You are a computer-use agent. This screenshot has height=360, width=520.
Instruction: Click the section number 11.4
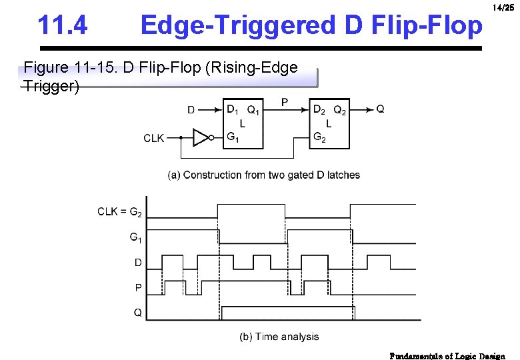[x=63, y=26]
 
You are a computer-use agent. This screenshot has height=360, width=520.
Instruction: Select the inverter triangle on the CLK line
[x=201, y=138]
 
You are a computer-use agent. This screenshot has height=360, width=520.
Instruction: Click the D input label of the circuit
[x=191, y=110]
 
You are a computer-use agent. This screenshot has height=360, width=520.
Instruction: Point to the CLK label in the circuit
[x=154, y=138]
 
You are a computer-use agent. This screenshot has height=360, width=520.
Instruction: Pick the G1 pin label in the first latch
[x=233, y=138]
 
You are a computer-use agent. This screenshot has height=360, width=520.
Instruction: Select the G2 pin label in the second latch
[x=319, y=138]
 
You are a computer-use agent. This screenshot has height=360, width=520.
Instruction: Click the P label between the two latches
[x=285, y=102]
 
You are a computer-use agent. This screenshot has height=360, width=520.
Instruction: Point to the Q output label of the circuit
[x=380, y=109]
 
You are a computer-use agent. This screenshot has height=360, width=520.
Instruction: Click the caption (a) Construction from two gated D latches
[x=263, y=175]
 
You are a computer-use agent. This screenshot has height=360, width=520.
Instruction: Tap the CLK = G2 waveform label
[x=119, y=212]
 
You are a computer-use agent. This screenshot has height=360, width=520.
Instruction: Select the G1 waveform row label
[x=135, y=237]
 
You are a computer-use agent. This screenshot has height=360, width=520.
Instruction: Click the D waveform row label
[x=138, y=263]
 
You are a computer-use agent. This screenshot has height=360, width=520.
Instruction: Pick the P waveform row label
[x=138, y=288]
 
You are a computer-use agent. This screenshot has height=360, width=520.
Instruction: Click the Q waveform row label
[x=137, y=313]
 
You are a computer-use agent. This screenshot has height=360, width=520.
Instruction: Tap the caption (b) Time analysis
[x=279, y=337]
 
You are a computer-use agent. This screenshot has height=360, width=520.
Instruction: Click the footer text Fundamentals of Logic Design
[x=447, y=355]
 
